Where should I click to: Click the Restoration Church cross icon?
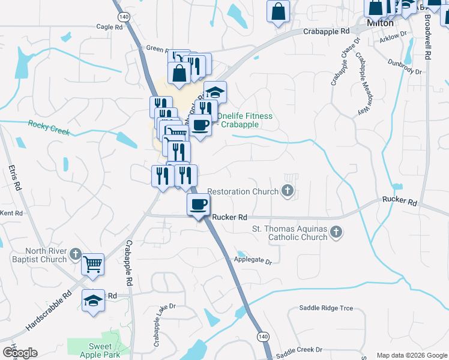click(x=288, y=192)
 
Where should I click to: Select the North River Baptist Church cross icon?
click(x=75, y=254)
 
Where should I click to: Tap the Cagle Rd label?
click(x=109, y=27)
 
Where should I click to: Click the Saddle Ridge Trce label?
click(x=326, y=308)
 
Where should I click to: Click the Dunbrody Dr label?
click(x=405, y=66)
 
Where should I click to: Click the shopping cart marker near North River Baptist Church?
click(x=92, y=264)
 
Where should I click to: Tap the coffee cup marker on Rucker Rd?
click(x=198, y=204)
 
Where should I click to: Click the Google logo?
click(x=20, y=353)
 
